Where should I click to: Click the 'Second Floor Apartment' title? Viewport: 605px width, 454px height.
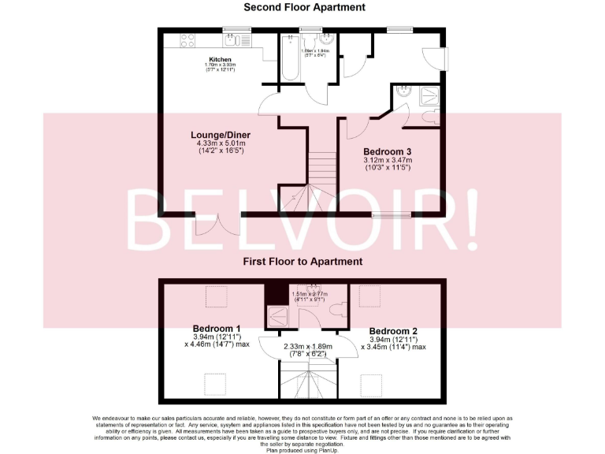coord(304,7)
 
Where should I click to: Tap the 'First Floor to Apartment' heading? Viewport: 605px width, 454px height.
coord(302,261)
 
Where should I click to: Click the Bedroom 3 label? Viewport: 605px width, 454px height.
coord(387,151)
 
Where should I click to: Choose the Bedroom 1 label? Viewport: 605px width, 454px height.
coord(217,328)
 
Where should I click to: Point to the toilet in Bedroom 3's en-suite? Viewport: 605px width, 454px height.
coord(432,117)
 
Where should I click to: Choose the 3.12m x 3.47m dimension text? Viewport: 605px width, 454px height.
coord(387,161)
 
